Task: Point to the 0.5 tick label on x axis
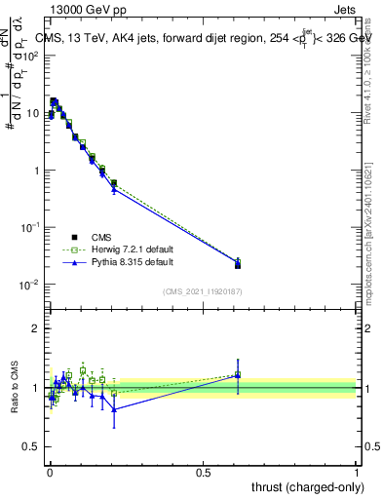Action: (x=203, y=471)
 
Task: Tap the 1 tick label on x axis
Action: (x=357, y=471)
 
